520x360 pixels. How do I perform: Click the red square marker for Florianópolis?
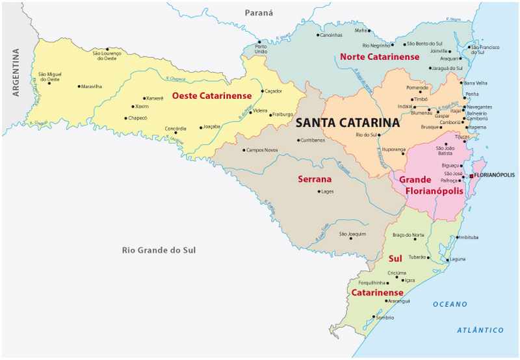click(x=471, y=175)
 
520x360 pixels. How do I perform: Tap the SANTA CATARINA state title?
click(x=347, y=122)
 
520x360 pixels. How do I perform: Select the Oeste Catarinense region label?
click(x=211, y=96)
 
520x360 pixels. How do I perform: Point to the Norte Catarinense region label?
click(x=380, y=57)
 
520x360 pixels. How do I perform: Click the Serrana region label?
click(x=315, y=179)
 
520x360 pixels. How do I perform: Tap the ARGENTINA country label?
click(x=16, y=72)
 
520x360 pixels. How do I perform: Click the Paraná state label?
click(x=259, y=12)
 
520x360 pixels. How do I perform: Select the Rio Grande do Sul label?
click(x=159, y=250)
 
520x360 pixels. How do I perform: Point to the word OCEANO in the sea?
click(x=450, y=304)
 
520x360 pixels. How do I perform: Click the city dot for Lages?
click(x=319, y=192)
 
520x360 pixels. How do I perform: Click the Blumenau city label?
click(x=421, y=112)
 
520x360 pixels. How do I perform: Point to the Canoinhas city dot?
click(x=317, y=35)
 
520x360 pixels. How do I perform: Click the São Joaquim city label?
click(x=352, y=233)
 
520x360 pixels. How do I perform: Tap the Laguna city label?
click(x=458, y=259)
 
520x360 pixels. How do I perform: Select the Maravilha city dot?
click(x=79, y=86)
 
